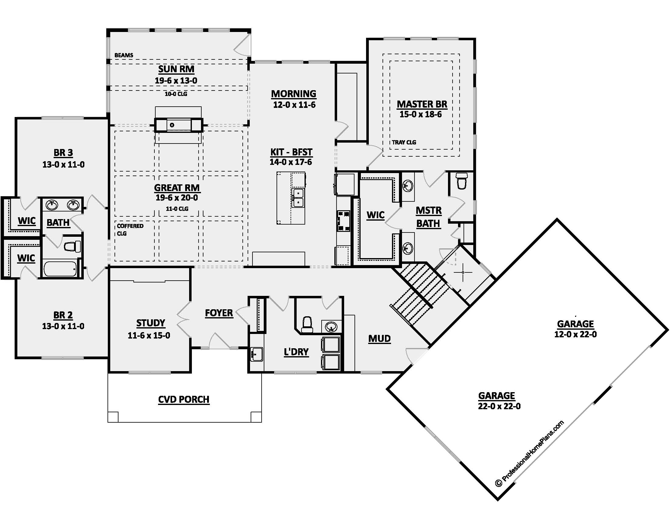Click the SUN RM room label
tap(176, 69)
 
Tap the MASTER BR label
tap(422, 104)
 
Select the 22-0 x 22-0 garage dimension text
tap(499, 406)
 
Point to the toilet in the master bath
tap(462, 181)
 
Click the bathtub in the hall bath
tap(60, 269)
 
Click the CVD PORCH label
tap(184, 399)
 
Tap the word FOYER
tap(219, 313)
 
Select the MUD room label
tap(379, 339)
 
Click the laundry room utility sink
tap(256, 355)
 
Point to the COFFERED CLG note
tap(130, 229)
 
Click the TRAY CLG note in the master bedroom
tap(404, 142)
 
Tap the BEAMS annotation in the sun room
tap(124, 55)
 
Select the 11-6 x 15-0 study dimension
tap(149, 335)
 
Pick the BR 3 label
tap(63, 153)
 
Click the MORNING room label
tap(294, 94)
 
